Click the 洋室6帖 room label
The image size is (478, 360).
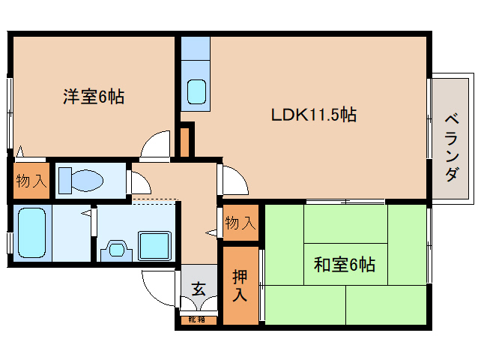(x=94, y=97)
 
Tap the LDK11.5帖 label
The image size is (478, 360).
(x=314, y=115)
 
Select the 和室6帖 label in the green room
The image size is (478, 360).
(x=345, y=264)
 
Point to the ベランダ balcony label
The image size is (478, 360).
(x=452, y=148)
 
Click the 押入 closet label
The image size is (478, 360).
(x=240, y=286)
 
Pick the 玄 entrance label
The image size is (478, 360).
(x=199, y=289)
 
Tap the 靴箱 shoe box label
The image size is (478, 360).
(x=196, y=319)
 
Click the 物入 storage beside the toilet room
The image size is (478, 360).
(x=31, y=181)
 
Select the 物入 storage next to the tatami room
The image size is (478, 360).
(x=240, y=223)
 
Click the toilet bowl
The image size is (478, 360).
(x=87, y=181)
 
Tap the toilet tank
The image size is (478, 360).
(x=65, y=181)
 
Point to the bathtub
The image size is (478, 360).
(x=31, y=232)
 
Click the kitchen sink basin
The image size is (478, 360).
(x=196, y=91)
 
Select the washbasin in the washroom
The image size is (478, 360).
(x=116, y=250)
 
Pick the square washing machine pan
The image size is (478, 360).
(x=154, y=246)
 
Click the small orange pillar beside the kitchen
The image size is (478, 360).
(x=185, y=142)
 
